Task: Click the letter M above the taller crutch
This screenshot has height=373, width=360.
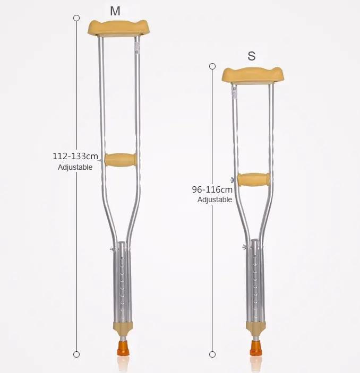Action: tap(115, 10)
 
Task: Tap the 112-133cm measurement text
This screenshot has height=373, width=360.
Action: tap(75, 157)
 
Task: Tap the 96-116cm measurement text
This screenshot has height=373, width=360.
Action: tap(212, 189)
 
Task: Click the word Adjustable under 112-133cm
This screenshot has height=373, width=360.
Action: tap(75, 167)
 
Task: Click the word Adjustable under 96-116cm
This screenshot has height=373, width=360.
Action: tap(215, 200)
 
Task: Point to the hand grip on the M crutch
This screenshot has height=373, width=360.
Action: tap(120, 159)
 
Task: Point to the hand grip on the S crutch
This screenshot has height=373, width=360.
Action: tap(253, 180)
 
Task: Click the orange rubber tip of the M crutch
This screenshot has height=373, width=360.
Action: tap(121, 350)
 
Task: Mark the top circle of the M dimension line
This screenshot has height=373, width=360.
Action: tap(76, 18)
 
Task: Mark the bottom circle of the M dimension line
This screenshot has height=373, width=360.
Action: tap(76, 354)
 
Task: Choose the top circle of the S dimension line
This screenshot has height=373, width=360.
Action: tap(212, 66)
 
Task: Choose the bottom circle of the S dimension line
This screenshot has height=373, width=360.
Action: tap(212, 354)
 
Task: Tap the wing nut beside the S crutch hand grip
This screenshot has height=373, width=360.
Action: tap(233, 180)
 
